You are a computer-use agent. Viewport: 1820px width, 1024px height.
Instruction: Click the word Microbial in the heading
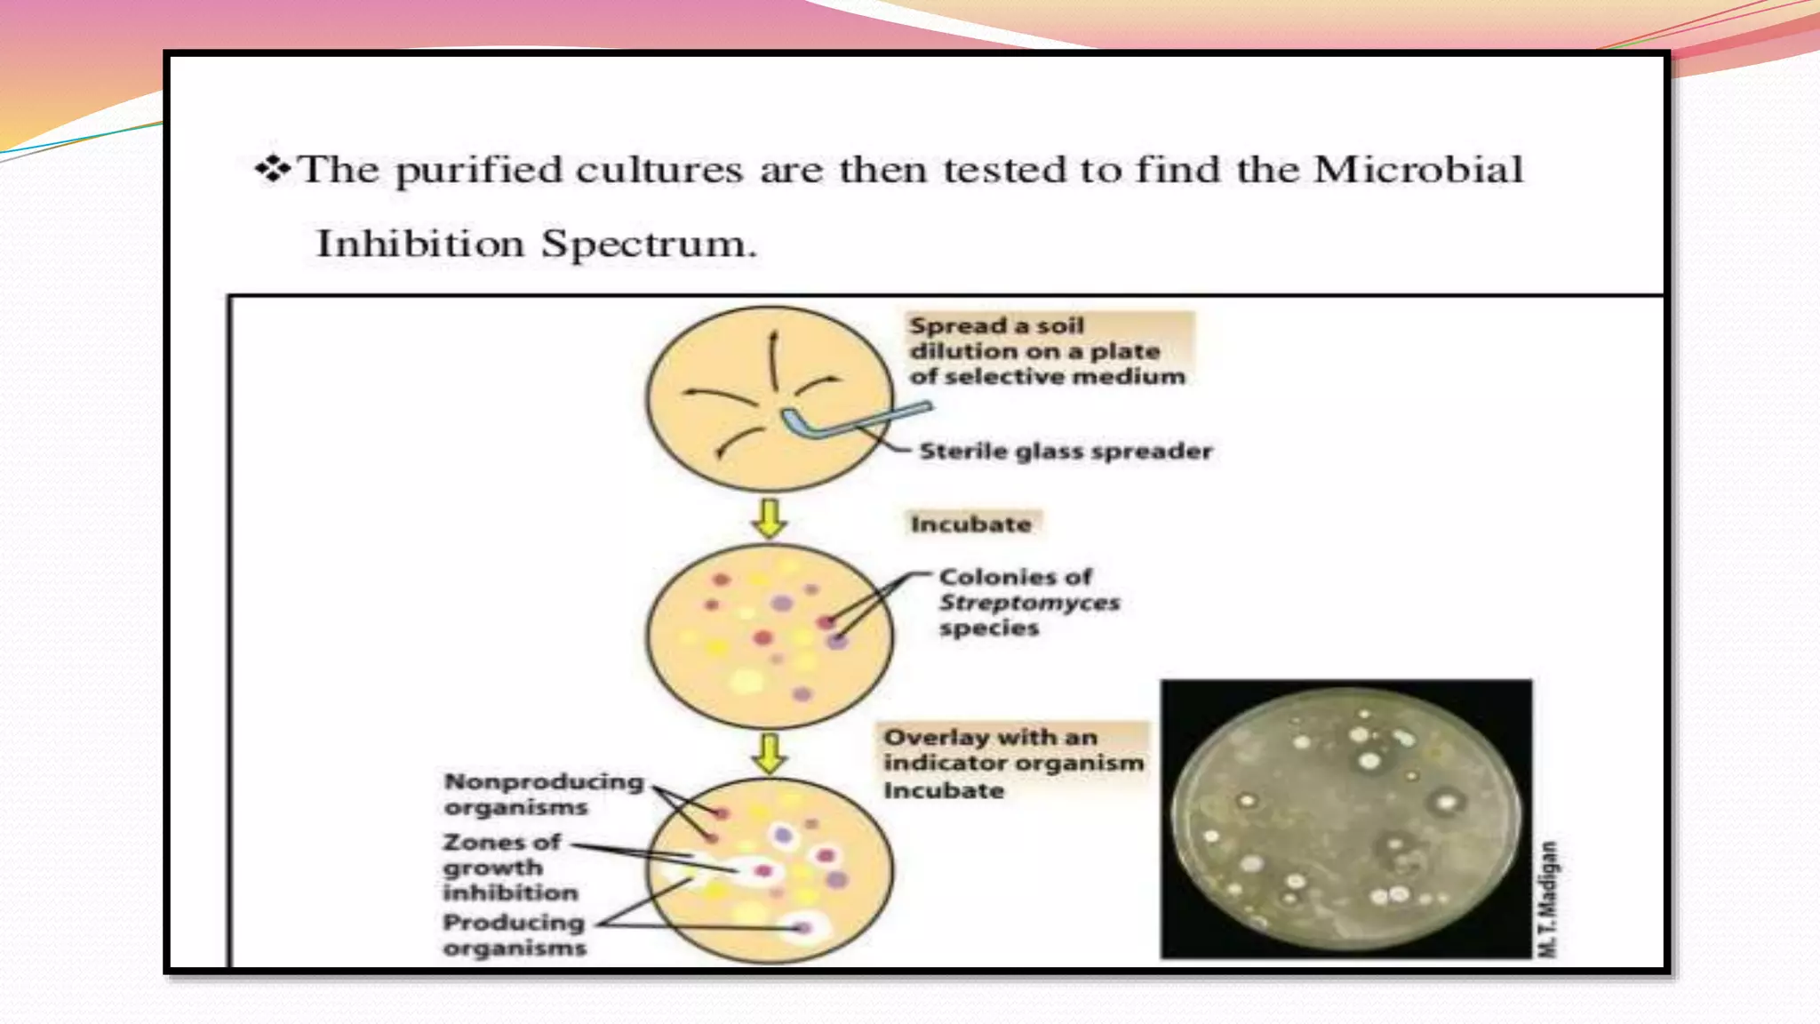tap(1418, 169)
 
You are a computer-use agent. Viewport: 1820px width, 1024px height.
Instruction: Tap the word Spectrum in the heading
tap(649, 244)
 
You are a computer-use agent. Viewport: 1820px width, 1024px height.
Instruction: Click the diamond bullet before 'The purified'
tap(272, 169)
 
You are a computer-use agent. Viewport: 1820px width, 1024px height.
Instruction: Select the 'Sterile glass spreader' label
tap(1066, 452)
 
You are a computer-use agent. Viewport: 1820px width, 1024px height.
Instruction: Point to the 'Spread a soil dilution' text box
tap(1047, 350)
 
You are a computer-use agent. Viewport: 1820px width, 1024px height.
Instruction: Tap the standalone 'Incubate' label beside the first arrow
tap(971, 524)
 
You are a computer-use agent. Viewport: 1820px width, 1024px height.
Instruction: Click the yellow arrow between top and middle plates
tap(770, 517)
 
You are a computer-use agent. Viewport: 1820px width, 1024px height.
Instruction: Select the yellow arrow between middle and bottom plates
tap(770, 752)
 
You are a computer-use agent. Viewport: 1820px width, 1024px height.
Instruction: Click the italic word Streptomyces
tap(1029, 603)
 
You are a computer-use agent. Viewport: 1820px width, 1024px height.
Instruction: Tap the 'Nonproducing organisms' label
tap(543, 794)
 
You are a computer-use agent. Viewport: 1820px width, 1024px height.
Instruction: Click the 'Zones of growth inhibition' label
tap(510, 867)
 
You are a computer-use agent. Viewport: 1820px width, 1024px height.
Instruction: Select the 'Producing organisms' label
tap(515, 934)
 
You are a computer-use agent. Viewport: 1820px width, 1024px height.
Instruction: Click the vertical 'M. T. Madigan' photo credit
tap(1547, 899)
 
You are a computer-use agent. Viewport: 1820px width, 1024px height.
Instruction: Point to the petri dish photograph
tap(1345, 819)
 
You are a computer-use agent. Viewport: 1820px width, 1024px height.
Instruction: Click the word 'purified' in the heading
tap(479, 169)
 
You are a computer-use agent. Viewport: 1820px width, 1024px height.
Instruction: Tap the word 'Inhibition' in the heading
tap(420, 244)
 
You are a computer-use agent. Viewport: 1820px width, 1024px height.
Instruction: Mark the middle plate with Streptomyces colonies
tap(770, 636)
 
